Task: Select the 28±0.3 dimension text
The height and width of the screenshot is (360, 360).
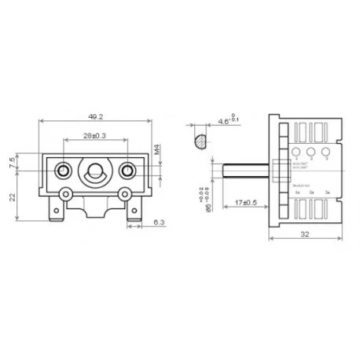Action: [x=95, y=137]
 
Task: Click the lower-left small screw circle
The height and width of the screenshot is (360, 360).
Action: [x=68, y=193]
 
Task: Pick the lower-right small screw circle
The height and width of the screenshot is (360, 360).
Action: [x=123, y=193]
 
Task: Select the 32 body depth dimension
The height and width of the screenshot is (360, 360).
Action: [x=307, y=234]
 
